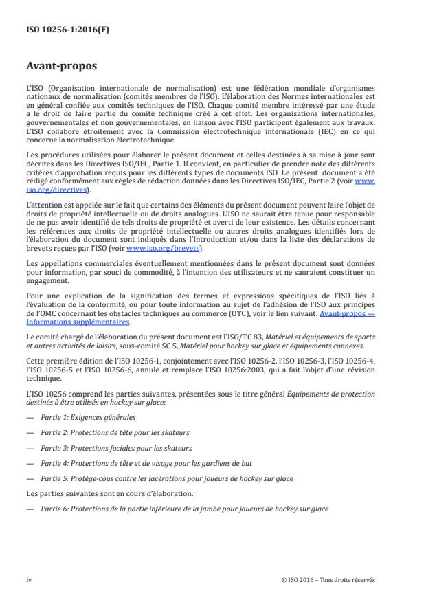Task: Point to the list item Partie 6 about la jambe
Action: [184, 509]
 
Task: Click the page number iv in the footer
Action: [29, 579]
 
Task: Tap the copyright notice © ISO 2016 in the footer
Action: [328, 579]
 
